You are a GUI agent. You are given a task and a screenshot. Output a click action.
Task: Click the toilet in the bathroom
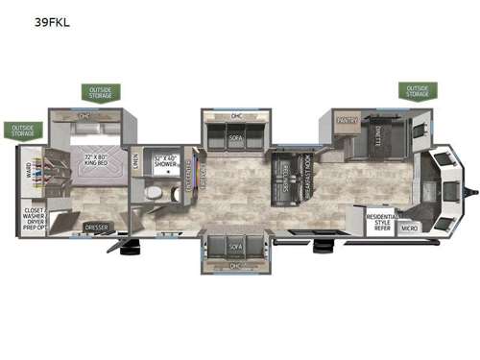coord(154,195)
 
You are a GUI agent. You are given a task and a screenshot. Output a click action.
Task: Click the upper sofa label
coord(236,137)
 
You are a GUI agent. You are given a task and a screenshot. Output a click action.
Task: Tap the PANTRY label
coord(347,119)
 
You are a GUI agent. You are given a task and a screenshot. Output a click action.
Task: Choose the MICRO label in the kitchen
coord(409,228)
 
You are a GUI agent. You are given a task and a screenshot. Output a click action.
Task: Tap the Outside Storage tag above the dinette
coord(417,91)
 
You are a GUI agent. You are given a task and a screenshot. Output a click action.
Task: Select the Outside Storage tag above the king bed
coord(101,91)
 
